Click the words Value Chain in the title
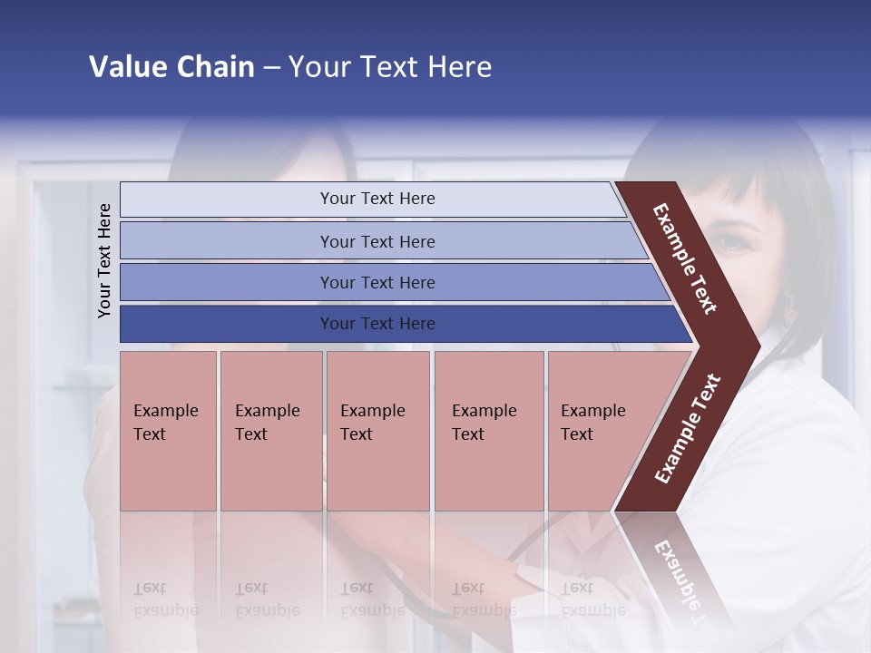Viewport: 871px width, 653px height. point(171,67)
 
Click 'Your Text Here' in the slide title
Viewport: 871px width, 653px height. point(390,67)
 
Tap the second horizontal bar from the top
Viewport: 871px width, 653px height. point(377,241)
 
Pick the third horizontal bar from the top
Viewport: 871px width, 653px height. point(377,282)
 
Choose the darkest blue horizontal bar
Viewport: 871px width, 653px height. point(377,324)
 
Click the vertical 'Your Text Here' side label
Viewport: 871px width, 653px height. point(104,260)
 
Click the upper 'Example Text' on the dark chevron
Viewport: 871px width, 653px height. point(686,258)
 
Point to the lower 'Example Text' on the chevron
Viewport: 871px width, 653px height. point(688,429)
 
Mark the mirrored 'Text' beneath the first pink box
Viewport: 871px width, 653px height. point(150,588)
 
